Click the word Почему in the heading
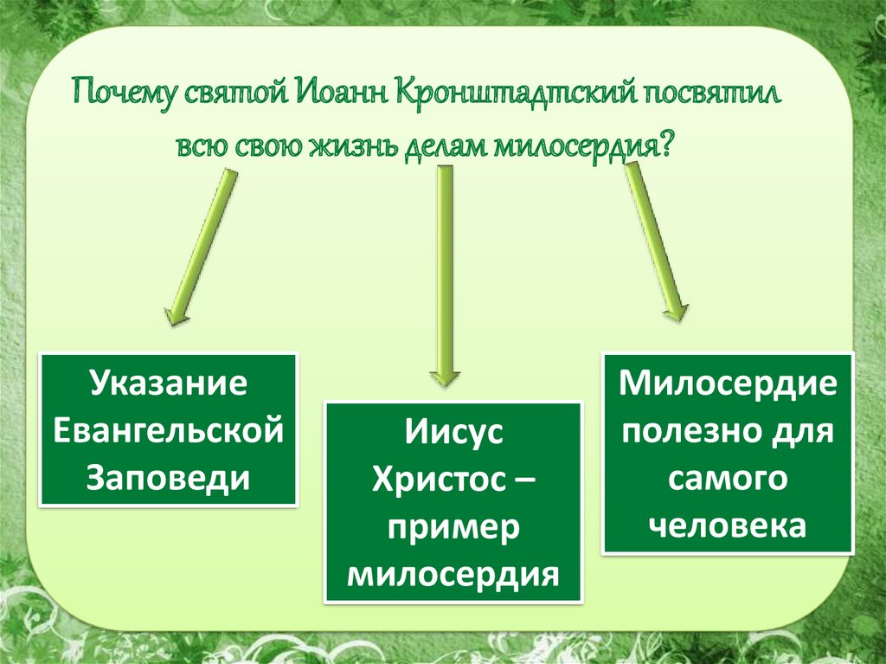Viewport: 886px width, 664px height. click(123, 93)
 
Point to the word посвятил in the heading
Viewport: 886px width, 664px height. click(712, 93)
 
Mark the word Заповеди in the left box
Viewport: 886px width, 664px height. click(168, 478)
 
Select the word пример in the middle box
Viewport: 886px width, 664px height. click(452, 527)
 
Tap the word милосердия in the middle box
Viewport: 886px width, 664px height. click(452, 574)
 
